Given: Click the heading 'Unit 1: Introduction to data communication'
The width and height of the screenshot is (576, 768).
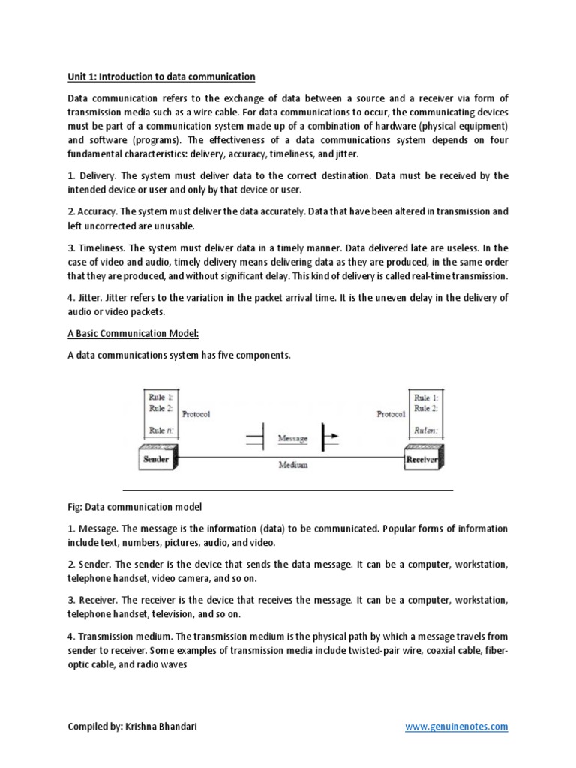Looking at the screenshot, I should point(161,76).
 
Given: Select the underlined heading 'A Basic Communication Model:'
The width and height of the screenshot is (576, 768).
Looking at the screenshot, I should point(133,334).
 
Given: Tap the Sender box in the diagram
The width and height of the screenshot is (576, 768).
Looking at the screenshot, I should point(156,458).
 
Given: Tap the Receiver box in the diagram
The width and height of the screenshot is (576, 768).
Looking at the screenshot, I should point(421,458).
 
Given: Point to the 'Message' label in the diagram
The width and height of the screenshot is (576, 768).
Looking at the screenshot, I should point(292,437).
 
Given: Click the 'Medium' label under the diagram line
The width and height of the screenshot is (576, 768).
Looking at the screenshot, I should point(292,465).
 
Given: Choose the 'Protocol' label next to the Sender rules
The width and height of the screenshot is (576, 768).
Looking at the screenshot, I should point(196,413).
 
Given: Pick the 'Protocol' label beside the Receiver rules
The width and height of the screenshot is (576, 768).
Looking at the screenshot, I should point(391,413).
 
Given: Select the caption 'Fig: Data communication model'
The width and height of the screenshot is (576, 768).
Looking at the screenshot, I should point(135,508).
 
